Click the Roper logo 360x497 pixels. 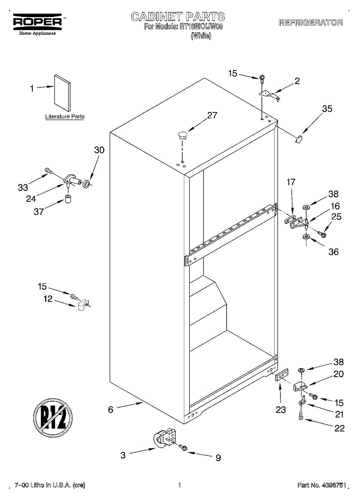tap(37, 22)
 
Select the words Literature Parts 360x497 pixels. tap(65, 117)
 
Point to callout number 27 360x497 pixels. tap(212, 116)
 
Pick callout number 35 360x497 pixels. tap(327, 109)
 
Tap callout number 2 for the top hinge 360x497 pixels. tap(297, 81)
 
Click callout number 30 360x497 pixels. tap(99, 150)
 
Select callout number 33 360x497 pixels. tap(23, 188)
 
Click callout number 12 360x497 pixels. tap(48, 298)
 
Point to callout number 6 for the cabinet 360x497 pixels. tap(111, 410)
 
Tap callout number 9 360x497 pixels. tap(218, 458)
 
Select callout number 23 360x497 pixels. tap(281, 410)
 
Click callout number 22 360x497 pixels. tap(339, 428)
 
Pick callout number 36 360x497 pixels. tap(333, 252)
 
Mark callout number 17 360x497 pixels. tap(291, 181)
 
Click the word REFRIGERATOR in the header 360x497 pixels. tap(311, 22)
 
